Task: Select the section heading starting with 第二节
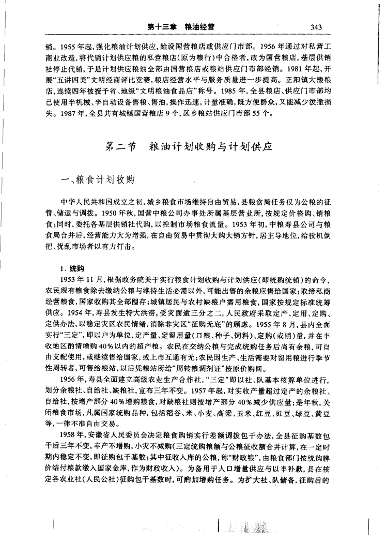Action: click(x=188, y=146)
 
